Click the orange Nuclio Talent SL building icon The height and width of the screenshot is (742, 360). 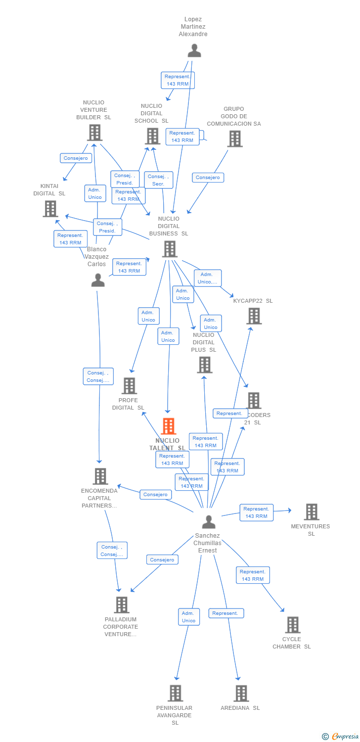coord(169,426)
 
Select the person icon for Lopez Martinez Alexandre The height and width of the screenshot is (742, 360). coord(194,50)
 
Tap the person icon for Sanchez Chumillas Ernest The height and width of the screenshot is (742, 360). coord(209,522)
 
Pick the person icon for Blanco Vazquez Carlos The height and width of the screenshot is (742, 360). coord(98,280)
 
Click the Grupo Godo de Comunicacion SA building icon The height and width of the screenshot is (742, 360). coord(234,139)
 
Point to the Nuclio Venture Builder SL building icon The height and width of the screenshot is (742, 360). coord(95,133)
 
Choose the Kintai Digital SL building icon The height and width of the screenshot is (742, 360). coord(50,209)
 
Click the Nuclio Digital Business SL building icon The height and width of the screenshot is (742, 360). coord(169,249)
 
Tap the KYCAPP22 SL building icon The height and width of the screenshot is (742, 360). coord(254,316)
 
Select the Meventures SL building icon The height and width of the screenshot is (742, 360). coord(311,512)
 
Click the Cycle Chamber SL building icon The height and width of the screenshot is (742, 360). coord(292,625)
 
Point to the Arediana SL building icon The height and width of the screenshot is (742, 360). coord(241,694)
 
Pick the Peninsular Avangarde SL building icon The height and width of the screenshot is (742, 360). coord(175,694)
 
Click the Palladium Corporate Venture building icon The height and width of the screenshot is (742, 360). coord(121,604)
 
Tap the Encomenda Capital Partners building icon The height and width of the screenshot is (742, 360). coord(100,476)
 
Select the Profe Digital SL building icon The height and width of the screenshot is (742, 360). coord(129,386)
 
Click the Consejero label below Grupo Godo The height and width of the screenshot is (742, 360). coord(208,178)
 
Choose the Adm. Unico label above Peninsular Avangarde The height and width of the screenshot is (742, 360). coord(189,617)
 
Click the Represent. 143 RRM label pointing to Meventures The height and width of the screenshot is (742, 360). coord(256,512)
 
